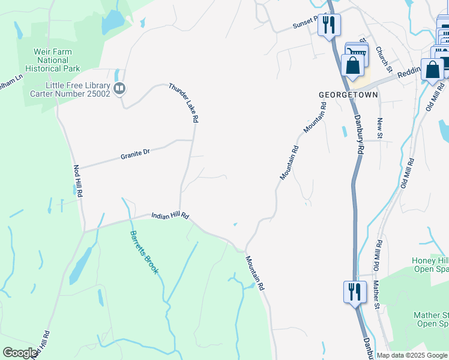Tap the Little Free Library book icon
119,89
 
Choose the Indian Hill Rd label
170,215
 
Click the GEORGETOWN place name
348,95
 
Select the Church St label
384,60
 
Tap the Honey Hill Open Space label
430,265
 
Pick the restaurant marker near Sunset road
329,25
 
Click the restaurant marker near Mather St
355,293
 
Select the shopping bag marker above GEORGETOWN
352,65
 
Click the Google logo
20,353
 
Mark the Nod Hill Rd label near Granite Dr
77,182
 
